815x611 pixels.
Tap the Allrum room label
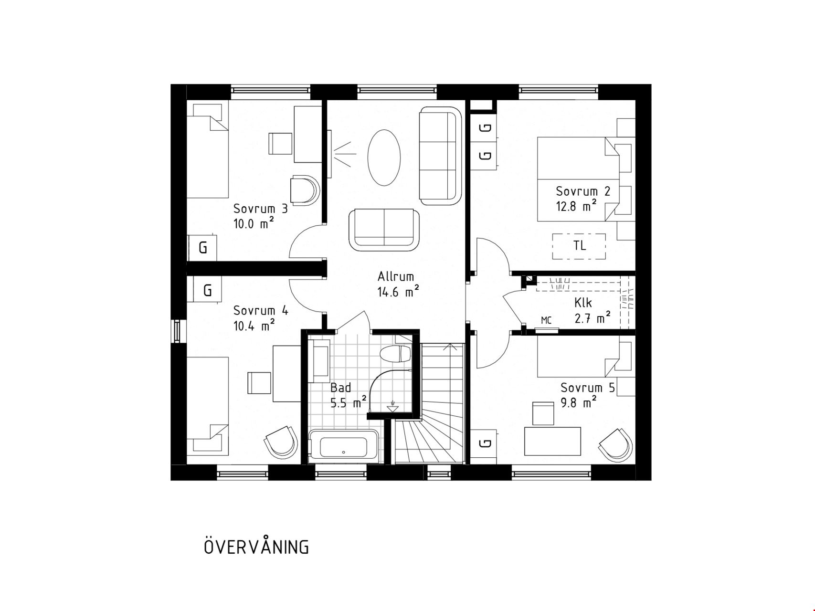(x=396, y=276)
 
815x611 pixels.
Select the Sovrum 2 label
(x=583, y=191)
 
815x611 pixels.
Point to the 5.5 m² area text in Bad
(x=349, y=402)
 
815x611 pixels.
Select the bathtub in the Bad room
(x=343, y=446)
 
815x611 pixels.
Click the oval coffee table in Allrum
(x=384, y=158)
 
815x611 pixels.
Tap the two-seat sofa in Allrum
(x=384, y=230)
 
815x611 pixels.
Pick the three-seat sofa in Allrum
(x=441, y=156)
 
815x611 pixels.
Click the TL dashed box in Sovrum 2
(x=579, y=246)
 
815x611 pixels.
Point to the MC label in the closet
(x=546, y=320)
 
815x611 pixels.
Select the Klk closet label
(x=583, y=303)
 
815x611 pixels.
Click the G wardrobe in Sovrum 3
(x=202, y=248)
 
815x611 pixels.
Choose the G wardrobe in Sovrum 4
(x=207, y=290)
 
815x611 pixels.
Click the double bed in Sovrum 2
(x=586, y=179)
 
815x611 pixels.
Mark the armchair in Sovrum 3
(x=304, y=190)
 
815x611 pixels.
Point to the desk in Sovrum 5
(x=552, y=441)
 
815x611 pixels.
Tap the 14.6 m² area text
(x=399, y=292)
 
